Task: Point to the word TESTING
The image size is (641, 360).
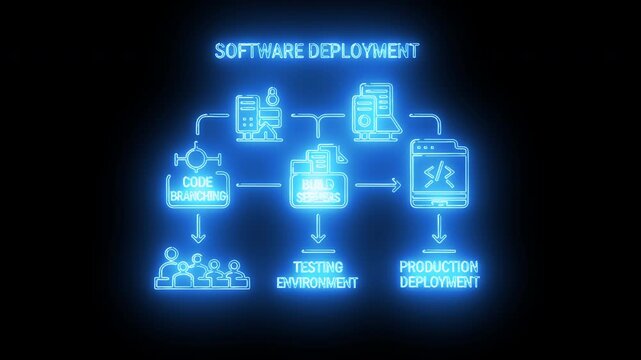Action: click(x=317, y=267)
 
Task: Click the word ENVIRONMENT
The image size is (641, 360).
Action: click(x=317, y=282)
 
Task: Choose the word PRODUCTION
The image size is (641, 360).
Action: click(x=438, y=267)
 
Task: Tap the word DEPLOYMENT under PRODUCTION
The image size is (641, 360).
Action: click(x=438, y=282)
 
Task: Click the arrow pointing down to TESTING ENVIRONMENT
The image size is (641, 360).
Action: click(x=318, y=236)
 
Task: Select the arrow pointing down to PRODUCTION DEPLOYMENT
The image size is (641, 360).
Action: click(x=438, y=235)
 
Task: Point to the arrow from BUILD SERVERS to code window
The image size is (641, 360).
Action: click(x=377, y=185)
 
